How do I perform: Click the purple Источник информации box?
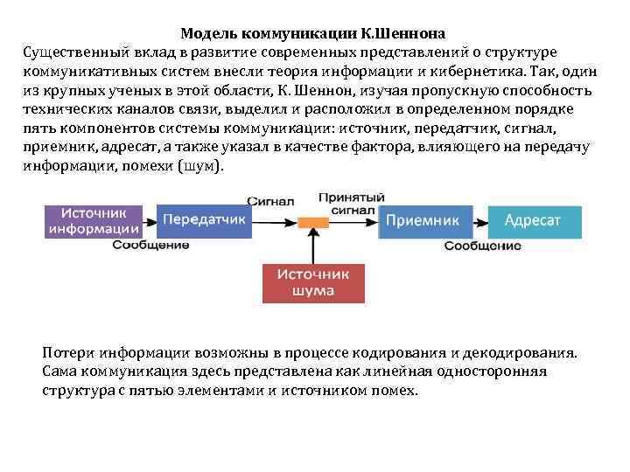tap(94, 221)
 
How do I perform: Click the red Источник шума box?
tap(313, 282)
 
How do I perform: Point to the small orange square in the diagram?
tap(308, 223)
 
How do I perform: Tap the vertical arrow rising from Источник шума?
tap(308, 246)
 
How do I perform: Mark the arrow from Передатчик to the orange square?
tap(274, 222)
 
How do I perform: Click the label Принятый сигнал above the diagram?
tap(346, 204)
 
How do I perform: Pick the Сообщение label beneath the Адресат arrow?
tap(482, 246)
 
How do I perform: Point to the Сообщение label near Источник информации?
tap(151, 245)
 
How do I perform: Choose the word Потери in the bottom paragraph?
tap(67, 352)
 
